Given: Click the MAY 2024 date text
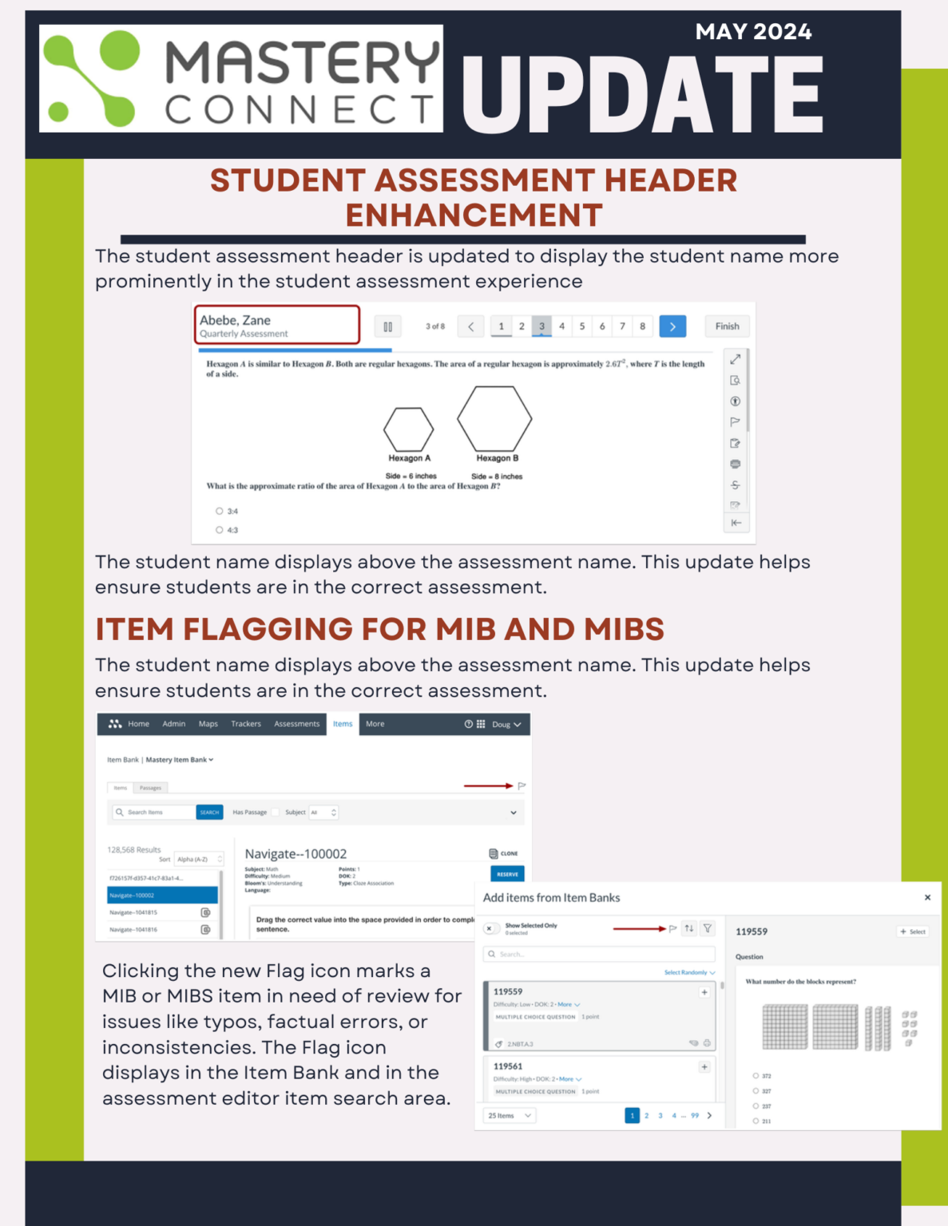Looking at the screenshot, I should click(x=753, y=32).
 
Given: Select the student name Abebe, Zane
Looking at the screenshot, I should click(x=236, y=320).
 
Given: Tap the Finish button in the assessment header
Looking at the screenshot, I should click(x=727, y=326).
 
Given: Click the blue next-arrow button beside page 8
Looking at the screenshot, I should click(x=672, y=326).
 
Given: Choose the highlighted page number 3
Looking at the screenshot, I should click(x=541, y=326).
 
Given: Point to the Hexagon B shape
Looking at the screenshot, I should click(x=494, y=419).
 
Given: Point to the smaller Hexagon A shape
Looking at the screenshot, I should click(x=408, y=429).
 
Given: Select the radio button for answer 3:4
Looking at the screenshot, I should click(x=220, y=511).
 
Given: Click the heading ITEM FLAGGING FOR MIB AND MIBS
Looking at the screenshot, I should click(x=379, y=629).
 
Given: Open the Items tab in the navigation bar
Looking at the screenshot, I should click(x=343, y=724).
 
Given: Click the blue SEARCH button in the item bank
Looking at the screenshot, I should click(x=209, y=813).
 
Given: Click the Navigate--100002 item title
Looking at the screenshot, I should click(x=296, y=854).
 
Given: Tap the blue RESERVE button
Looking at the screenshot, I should click(x=507, y=874).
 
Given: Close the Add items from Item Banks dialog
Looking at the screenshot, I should click(x=927, y=897).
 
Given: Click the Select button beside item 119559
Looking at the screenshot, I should click(x=913, y=931).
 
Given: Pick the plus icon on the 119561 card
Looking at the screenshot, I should click(x=704, y=1067).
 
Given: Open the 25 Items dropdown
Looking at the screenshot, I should click(x=510, y=1116).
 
